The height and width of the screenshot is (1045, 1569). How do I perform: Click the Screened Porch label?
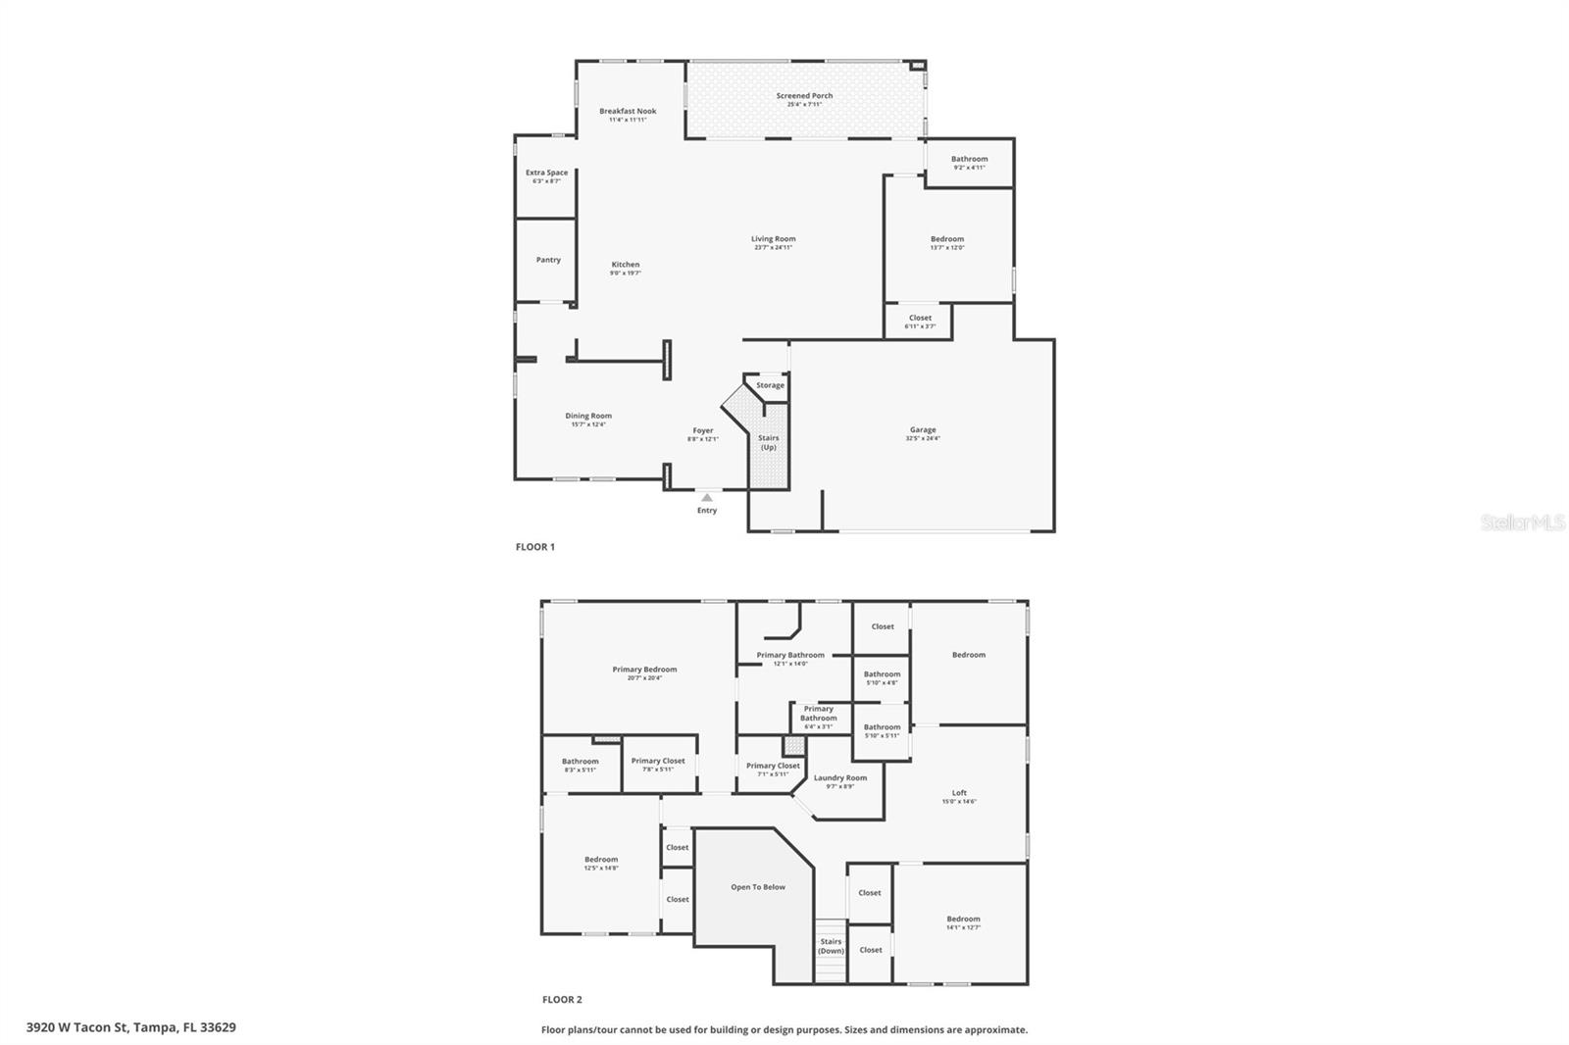(804, 96)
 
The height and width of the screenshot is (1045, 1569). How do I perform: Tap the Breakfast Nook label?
(628, 112)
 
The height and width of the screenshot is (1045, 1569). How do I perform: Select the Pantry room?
(548, 260)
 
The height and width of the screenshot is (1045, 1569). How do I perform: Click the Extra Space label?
(546, 174)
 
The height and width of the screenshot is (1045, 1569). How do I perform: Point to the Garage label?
(922, 429)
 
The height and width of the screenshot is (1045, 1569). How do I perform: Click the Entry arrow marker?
(707, 498)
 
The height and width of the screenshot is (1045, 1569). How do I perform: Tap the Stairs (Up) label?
(769, 442)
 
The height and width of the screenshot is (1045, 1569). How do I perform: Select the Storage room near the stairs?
(770, 385)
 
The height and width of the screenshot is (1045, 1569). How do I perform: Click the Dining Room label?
(588, 416)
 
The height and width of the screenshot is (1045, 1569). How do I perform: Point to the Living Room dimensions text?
(773, 248)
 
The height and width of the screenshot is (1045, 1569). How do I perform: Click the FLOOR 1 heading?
(535, 547)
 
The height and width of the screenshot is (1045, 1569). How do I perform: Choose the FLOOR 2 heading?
(562, 1000)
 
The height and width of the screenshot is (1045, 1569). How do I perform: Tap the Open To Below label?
(758, 887)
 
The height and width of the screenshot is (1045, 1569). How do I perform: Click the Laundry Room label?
(840, 778)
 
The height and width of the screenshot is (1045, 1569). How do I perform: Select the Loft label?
(959, 793)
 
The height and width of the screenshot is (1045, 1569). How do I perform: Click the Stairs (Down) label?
(831, 946)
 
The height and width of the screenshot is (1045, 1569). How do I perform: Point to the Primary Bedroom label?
(644, 670)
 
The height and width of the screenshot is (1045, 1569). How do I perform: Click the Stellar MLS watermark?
(1522, 523)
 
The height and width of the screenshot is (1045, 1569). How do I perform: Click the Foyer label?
(703, 430)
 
